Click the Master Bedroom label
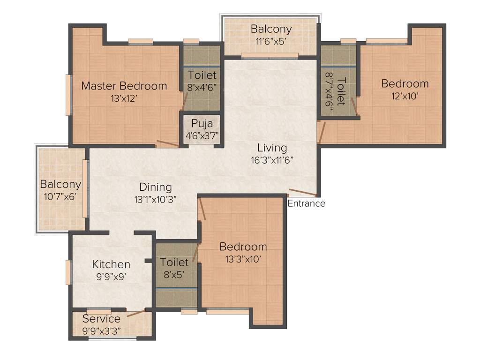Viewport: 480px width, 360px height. click(124, 86)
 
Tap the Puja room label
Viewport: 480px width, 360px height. click(202, 124)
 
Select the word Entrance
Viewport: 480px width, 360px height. click(306, 203)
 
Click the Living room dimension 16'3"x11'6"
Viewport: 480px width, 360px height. click(275, 159)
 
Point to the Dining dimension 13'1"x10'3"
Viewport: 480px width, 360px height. click(155, 199)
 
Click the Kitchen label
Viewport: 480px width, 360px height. click(111, 264)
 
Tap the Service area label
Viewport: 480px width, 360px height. click(101, 319)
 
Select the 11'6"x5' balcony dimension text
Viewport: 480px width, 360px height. click(271, 41)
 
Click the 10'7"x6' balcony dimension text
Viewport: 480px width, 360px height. click(60, 196)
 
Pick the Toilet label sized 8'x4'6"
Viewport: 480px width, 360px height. click(202, 75)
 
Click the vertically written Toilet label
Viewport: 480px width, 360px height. click(341, 91)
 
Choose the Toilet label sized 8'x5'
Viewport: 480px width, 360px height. click(174, 262)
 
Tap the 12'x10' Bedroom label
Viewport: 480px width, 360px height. click(405, 84)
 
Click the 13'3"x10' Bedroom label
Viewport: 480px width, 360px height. click(243, 247)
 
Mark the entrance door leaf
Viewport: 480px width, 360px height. click(302, 192)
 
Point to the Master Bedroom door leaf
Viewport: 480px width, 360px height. click(167, 143)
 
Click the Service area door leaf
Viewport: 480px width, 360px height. click(135, 314)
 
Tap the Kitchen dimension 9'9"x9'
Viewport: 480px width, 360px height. click(111, 276)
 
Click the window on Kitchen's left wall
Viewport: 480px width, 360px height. click(68, 272)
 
